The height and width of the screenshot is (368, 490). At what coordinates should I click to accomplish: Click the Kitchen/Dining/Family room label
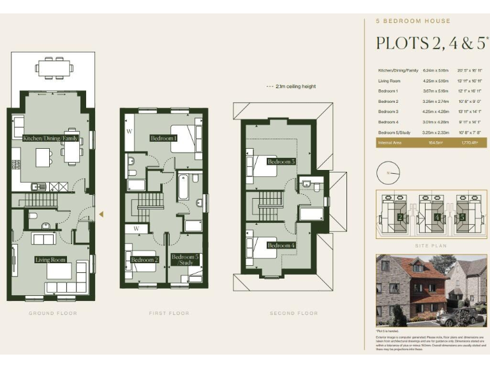pos(50,138)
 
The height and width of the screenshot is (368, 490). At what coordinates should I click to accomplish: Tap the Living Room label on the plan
pos(50,260)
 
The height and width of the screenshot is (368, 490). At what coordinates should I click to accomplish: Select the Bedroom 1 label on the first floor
pos(164,138)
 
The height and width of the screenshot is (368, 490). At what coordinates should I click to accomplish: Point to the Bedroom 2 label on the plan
pos(144,260)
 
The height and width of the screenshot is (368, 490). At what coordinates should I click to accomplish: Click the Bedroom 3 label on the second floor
pos(281,162)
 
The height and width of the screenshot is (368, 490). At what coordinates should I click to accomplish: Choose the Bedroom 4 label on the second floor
pos(281,245)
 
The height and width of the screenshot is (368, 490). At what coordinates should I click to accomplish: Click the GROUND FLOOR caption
pos(53,313)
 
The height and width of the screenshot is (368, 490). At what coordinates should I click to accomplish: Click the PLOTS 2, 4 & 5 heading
pos(431,43)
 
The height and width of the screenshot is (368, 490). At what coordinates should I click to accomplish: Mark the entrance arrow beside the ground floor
pos(101,214)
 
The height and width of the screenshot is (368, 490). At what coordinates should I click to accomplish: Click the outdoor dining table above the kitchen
pos(54,66)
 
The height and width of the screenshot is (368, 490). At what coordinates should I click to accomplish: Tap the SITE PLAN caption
pos(430,245)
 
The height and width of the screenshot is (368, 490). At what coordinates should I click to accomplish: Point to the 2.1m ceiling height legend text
pos(294,86)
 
